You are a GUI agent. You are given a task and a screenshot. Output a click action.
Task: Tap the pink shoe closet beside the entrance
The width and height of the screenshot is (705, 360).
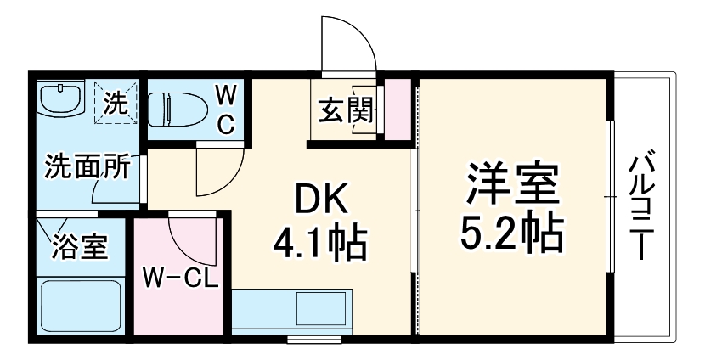pos(395,110)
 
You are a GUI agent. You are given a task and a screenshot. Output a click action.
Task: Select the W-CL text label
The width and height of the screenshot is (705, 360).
pos(180,277)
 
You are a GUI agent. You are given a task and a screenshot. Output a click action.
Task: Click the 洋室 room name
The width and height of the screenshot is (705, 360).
pos(510,183)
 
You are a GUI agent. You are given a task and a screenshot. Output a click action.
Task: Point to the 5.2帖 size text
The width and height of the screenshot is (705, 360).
pos(510,232)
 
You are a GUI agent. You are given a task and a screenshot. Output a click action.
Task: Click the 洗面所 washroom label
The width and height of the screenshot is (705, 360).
pos(87,166)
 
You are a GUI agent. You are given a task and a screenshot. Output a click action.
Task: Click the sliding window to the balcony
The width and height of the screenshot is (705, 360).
pos(609,197)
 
